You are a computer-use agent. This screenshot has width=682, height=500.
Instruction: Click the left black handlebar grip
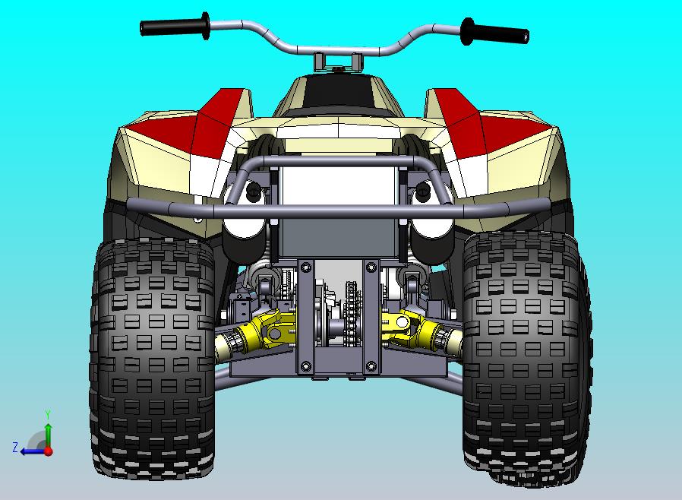(x=174, y=27)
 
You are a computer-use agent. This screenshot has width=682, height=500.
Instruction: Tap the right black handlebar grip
(x=494, y=33)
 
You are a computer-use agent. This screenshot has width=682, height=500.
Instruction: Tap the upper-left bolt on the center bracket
(x=306, y=267)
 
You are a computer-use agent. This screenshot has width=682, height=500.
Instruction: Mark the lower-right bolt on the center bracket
(x=371, y=367)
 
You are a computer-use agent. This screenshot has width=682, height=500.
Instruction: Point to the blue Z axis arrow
(x=30, y=451)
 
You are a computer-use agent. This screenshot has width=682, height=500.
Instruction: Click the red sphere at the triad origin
(x=48, y=451)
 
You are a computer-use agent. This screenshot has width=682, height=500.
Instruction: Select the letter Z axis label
(x=14, y=447)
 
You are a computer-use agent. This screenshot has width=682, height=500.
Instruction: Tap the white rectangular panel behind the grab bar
(x=337, y=190)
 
